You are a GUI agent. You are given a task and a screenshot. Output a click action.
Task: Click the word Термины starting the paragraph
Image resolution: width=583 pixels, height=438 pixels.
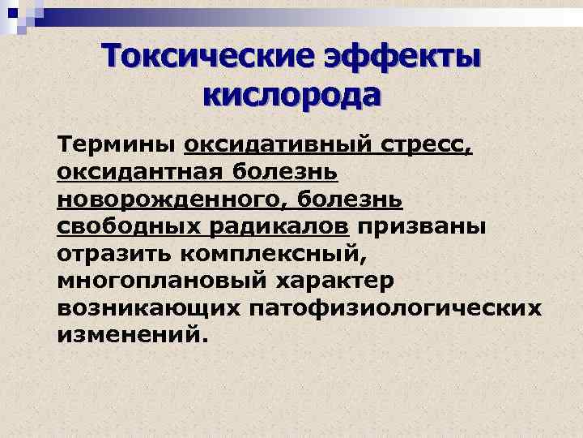[117, 145]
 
